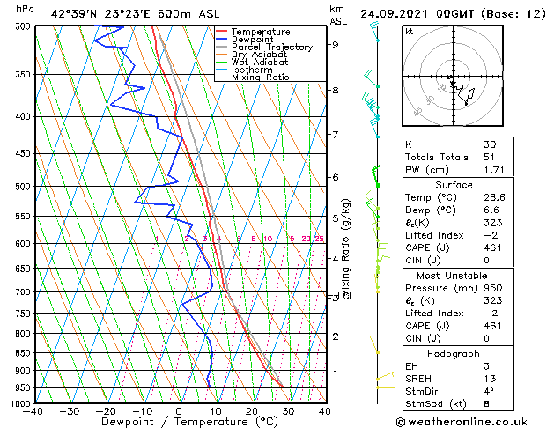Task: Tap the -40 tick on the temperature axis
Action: tap(34, 411)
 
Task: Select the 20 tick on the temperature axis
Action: tap(252, 411)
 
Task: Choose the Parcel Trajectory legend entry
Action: tap(271, 48)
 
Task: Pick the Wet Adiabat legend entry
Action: tap(259, 63)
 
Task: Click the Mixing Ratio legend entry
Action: tap(260, 77)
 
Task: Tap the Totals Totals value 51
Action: tap(490, 157)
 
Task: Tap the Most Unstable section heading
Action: tap(454, 276)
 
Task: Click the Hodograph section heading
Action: tap(454, 352)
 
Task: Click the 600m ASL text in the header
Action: tap(178, 13)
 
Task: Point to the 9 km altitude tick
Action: tap(336, 44)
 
